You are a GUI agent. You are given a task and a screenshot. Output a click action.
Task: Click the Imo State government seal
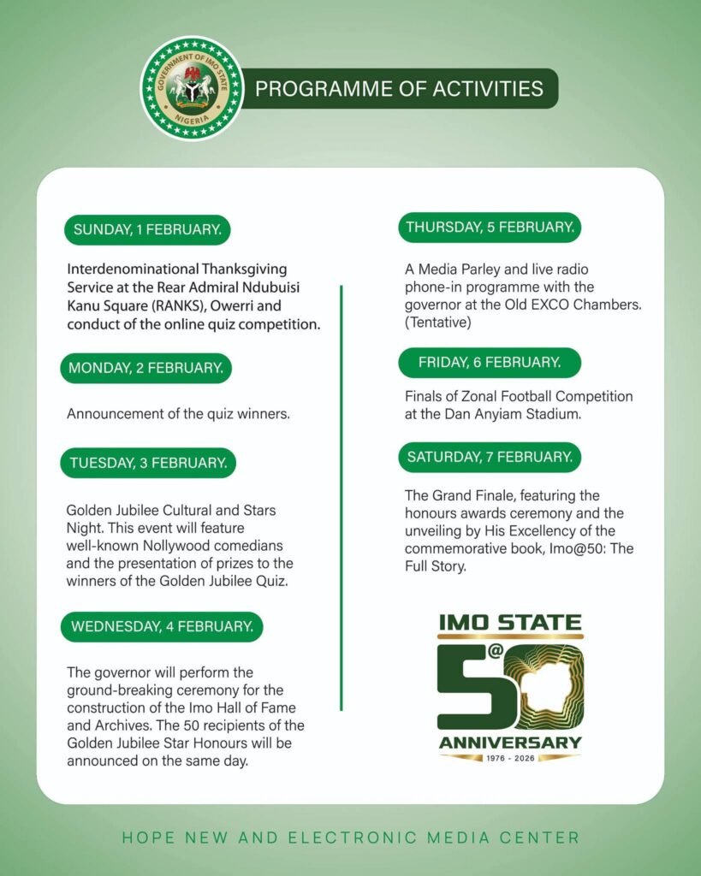point(192,88)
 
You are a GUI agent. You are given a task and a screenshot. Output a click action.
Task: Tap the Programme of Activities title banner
point(400,89)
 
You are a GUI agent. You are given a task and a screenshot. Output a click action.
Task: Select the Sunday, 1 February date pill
point(147,229)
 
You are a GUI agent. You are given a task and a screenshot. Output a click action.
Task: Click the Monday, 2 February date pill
point(146,368)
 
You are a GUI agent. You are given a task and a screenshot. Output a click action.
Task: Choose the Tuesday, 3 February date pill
point(148,463)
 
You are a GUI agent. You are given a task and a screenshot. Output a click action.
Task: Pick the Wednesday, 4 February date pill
point(162,626)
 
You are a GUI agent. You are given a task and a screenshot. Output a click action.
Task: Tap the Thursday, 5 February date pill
point(490,227)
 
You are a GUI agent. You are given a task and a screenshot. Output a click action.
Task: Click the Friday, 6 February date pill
point(490,363)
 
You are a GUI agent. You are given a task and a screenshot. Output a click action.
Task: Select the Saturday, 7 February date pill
point(490,457)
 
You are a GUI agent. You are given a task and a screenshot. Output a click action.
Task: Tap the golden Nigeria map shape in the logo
point(548,685)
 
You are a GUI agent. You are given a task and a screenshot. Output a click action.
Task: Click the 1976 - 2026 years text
point(510,758)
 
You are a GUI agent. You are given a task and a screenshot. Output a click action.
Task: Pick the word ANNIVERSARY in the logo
point(510,742)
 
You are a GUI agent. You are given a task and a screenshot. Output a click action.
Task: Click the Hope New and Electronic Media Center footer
point(351,838)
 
